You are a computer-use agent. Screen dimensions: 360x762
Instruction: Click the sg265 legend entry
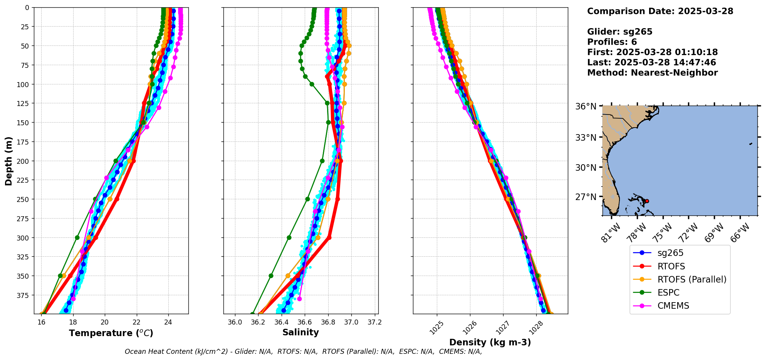pos(670,253)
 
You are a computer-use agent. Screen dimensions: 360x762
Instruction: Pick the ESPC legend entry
pos(668,293)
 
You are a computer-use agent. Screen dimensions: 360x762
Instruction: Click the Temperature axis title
pos(111,333)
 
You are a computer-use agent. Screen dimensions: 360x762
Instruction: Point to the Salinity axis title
pos(300,333)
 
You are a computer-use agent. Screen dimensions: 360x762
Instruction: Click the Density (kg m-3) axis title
pos(490,342)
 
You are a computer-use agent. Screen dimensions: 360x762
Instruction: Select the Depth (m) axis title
pos(8,161)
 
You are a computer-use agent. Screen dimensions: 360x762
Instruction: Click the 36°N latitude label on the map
pos(586,106)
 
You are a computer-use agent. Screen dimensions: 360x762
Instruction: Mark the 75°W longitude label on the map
pos(663,232)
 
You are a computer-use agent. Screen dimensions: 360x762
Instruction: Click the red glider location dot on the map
pos(647,201)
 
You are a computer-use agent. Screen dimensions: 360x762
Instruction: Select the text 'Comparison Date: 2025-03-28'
pos(660,11)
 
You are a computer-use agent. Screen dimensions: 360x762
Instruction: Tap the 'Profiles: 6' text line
pos(612,42)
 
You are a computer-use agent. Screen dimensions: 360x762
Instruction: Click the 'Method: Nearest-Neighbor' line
pos(652,73)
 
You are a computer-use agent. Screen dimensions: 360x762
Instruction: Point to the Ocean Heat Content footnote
pos(303,352)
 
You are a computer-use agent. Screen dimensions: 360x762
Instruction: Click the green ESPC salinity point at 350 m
pos(271,276)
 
